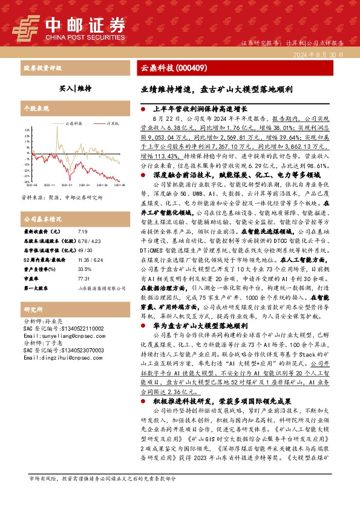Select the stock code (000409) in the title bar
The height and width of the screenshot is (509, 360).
pos(194,69)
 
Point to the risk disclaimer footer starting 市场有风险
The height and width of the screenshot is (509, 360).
pos(103,495)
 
